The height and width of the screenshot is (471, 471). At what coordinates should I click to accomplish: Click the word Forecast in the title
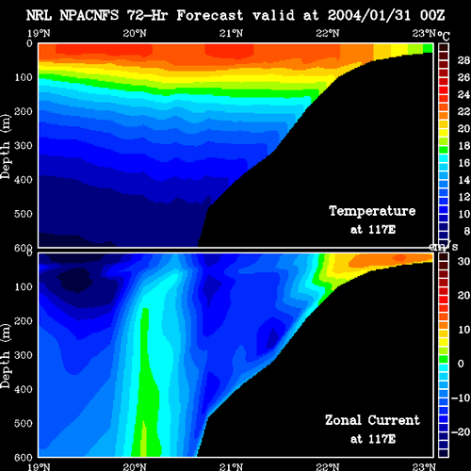(210, 15)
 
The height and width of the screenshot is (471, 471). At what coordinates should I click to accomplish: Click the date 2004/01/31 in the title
(369, 15)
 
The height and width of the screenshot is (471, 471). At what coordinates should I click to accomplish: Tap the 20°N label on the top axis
(135, 33)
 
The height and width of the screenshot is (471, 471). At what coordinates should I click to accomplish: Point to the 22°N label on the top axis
(328, 33)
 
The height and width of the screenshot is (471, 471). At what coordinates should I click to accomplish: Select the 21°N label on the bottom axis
(231, 466)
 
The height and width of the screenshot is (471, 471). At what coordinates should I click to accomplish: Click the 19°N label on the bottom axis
(39, 466)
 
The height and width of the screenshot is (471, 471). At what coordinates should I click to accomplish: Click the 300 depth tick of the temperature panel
(24, 145)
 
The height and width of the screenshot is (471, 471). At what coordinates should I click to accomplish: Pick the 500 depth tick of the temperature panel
(24, 214)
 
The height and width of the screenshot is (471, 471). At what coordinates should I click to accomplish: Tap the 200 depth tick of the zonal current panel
(24, 321)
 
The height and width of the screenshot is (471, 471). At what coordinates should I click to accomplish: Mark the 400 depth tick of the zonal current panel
(24, 389)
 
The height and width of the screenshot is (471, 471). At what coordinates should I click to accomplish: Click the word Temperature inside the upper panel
(372, 211)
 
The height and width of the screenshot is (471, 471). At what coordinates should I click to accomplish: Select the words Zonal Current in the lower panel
(372, 420)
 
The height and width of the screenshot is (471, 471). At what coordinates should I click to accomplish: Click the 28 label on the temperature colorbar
(463, 60)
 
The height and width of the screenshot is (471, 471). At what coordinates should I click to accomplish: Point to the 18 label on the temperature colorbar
(463, 146)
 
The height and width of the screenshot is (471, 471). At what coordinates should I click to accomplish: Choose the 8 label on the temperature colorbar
(467, 231)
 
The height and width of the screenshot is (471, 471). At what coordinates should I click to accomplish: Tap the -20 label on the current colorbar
(461, 432)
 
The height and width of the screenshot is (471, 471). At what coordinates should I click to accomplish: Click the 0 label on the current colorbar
(461, 364)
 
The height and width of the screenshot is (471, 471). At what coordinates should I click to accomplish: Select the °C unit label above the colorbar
(444, 36)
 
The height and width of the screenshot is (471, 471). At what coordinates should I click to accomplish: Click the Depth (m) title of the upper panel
(6, 147)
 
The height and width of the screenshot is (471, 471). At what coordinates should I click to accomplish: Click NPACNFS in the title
(89, 15)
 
